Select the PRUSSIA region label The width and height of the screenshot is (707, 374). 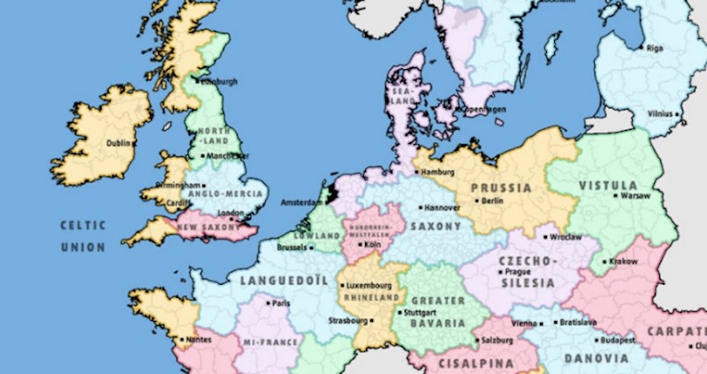click(x=501, y=187)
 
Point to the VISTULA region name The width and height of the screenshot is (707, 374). click(x=608, y=185)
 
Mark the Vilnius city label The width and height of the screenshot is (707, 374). click(x=660, y=114)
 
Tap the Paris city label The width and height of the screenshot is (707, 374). click(x=282, y=303)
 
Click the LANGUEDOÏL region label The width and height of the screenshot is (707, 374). click(x=277, y=281)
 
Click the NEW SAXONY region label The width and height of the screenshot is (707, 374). click(x=209, y=227)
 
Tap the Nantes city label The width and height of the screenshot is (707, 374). click(x=199, y=340)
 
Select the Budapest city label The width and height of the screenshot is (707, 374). click(x=616, y=340)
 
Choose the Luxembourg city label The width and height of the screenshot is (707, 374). click(x=369, y=286)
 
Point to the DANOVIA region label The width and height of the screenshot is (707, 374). click(x=597, y=359)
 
